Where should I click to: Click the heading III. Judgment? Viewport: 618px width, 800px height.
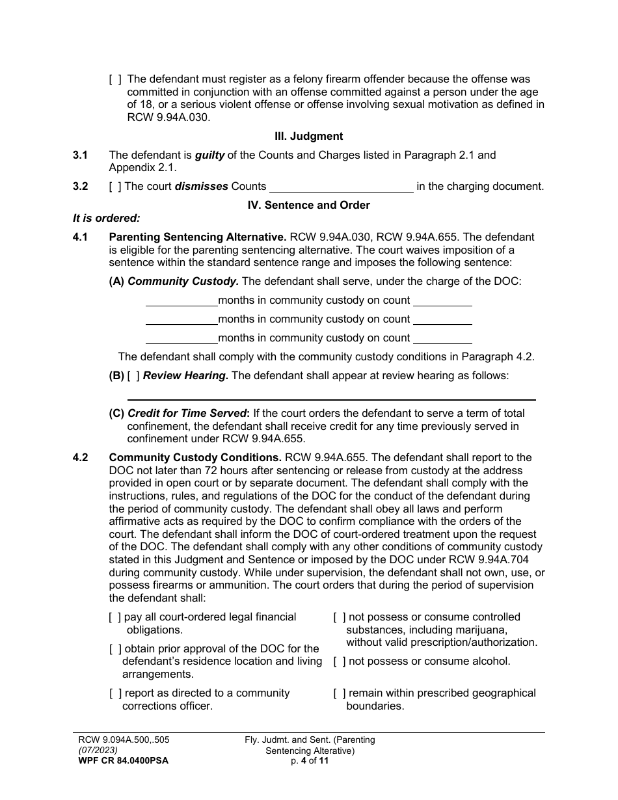tap(308, 137)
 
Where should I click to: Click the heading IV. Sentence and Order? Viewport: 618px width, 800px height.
tap(308, 205)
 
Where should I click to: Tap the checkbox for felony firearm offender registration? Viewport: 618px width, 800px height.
tap(114, 80)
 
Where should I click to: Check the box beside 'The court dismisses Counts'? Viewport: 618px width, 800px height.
tap(114, 187)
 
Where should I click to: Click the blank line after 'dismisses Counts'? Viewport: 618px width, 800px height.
tap(341, 188)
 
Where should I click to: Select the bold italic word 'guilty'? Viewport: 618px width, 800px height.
tap(209, 155)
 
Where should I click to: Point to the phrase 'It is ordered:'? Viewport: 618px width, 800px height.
tap(107, 219)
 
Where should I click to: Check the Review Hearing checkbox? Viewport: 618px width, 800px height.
tap(133, 376)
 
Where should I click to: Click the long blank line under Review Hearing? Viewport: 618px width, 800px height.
tap(331, 399)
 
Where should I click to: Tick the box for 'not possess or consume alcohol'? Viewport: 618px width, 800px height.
tap(339, 661)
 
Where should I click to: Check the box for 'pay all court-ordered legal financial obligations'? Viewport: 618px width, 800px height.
tap(114, 617)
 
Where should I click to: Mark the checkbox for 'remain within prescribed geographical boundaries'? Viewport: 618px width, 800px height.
tap(339, 693)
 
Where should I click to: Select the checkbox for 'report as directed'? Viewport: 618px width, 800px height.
tap(114, 693)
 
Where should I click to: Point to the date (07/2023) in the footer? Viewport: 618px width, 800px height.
tap(95, 750)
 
